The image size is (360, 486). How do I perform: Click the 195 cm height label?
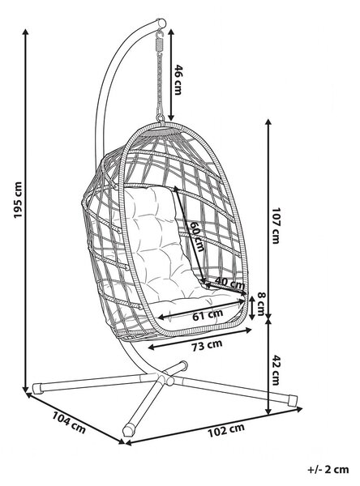coord(18,200)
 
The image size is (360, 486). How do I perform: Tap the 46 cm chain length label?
coord(178,79)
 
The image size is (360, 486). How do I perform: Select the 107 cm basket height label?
coord(276,225)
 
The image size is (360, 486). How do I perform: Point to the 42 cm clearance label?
coord(276,370)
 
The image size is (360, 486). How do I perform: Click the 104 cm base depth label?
coord(69,422)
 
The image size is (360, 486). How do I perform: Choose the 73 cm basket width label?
coord(207,345)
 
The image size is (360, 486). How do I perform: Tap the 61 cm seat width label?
coord(208,315)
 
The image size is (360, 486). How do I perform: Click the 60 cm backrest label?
coord(197,237)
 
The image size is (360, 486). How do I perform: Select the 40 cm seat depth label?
coord(229,282)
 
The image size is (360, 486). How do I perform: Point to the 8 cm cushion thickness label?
coord(260,305)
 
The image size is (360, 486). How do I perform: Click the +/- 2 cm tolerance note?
coord(328,469)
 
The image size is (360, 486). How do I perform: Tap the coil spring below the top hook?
coord(160,45)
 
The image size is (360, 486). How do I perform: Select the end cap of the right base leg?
coord(293,401)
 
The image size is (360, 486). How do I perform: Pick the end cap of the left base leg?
coord(37,388)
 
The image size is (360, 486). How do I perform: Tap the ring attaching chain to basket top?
coord(161,117)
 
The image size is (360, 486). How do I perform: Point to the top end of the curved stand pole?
coord(161,23)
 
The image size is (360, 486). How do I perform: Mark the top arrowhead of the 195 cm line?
coord(26,31)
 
